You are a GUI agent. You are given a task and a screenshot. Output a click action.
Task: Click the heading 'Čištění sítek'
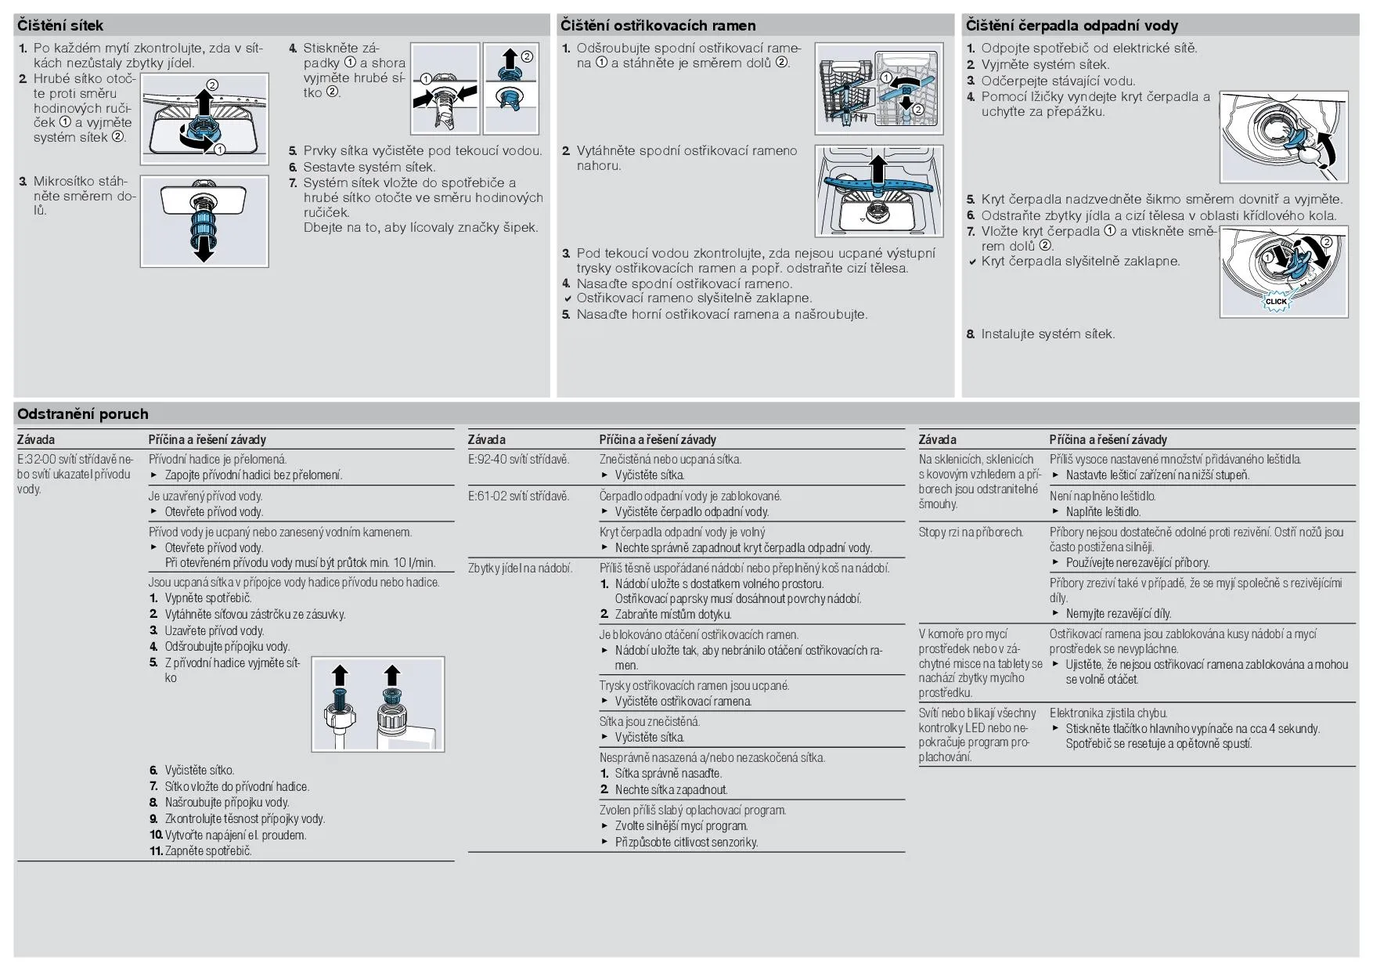(60, 26)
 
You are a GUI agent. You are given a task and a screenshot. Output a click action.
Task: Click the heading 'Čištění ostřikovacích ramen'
(658, 26)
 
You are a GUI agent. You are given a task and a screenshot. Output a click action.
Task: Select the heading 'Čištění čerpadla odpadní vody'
(1072, 26)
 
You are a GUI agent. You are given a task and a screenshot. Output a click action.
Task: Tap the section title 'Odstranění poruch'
(82, 414)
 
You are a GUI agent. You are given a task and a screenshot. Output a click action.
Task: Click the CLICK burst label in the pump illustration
(1276, 301)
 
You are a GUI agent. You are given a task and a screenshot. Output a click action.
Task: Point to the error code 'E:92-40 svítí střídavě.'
(518, 460)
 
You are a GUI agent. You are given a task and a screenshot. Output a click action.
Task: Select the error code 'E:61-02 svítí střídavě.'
(518, 496)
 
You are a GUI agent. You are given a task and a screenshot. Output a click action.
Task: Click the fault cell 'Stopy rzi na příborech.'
(971, 532)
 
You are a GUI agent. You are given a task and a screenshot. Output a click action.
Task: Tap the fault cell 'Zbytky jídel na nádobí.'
(520, 569)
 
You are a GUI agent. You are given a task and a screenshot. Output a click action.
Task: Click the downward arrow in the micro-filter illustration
(204, 250)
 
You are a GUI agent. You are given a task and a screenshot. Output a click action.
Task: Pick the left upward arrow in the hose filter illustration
(339, 676)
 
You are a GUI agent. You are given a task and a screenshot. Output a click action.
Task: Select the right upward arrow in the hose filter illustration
(391, 675)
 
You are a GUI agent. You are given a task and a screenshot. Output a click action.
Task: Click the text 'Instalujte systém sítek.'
(1047, 334)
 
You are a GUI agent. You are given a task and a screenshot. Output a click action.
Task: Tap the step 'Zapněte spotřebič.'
(208, 851)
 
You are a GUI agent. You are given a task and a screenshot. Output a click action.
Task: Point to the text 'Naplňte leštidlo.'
(1102, 512)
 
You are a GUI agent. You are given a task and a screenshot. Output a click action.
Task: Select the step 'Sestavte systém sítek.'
(369, 167)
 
